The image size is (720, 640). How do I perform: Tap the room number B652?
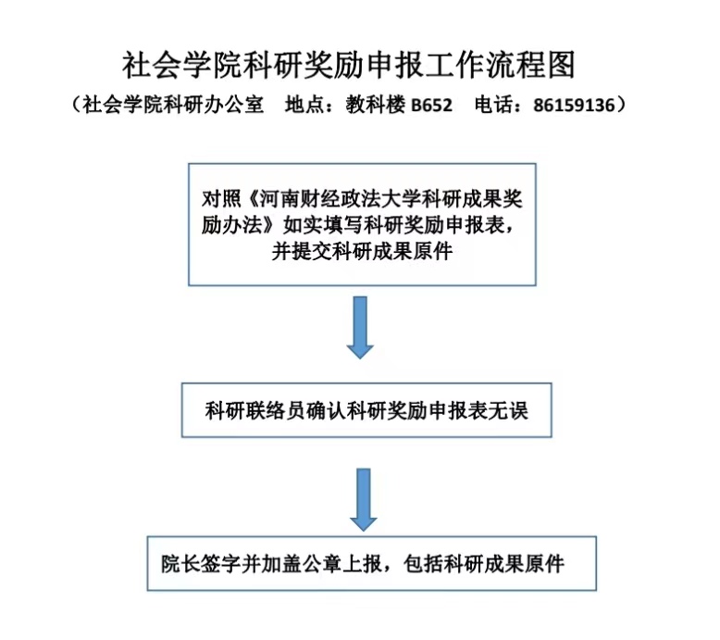[x=431, y=106]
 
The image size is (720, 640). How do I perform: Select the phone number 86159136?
[x=574, y=106]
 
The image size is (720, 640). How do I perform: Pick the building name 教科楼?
[x=375, y=105]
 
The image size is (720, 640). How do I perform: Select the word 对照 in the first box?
[x=221, y=199]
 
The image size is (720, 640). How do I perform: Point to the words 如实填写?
[x=323, y=225]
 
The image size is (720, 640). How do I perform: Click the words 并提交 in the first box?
[x=301, y=251]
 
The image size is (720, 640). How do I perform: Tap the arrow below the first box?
[x=360, y=328]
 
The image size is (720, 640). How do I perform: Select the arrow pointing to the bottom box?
[x=363, y=500]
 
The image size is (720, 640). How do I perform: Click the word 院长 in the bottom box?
[x=180, y=564]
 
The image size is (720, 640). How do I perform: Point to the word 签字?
[x=221, y=564]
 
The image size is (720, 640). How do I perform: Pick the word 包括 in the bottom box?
[x=423, y=564]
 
